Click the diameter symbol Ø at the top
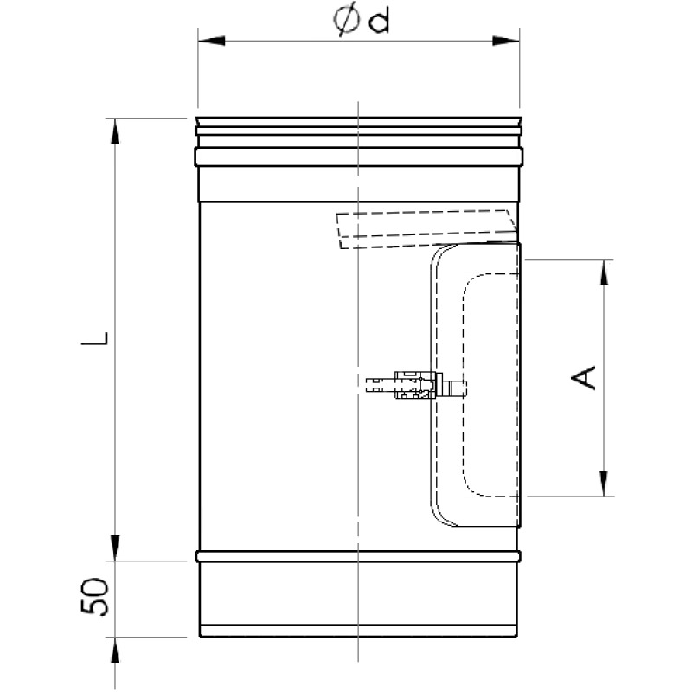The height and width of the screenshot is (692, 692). coord(347,21)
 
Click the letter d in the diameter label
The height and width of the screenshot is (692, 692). coord(379,21)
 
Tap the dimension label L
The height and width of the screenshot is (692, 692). coord(94,338)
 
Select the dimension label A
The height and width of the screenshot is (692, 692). coord(583,377)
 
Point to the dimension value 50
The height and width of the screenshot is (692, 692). coord(94,597)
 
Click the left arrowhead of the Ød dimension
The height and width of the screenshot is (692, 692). coord(211,41)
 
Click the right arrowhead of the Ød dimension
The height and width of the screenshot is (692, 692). coord(506,41)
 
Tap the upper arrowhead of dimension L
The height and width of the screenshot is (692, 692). coord(115,131)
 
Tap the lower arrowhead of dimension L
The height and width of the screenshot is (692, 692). coord(115,548)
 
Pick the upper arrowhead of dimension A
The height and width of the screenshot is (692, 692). coord(604,272)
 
